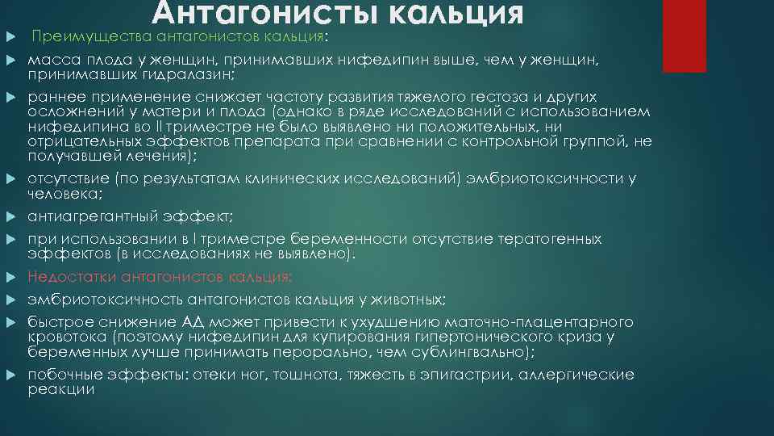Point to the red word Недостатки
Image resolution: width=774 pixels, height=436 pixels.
click(66, 276)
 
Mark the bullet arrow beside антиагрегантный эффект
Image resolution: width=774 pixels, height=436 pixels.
click(11, 217)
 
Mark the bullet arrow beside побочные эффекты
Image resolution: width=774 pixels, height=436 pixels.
click(11, 375)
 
